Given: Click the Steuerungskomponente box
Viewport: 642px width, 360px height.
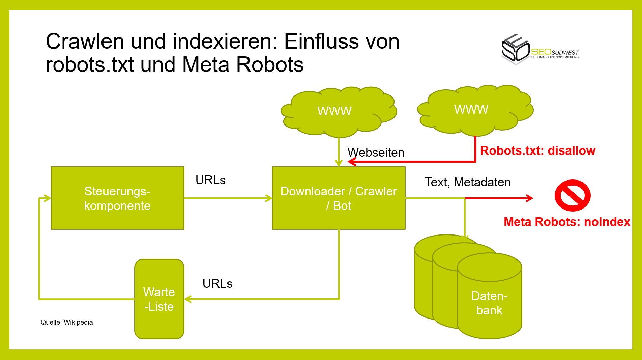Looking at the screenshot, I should click(117, 198).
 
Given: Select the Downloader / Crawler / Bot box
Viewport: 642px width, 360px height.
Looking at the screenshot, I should click(339, 198).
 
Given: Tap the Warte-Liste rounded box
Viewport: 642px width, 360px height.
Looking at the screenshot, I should click(159, 299).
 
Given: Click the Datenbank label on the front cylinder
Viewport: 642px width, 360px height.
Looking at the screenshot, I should click(489, 303).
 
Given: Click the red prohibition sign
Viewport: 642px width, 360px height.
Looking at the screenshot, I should click(572, 195).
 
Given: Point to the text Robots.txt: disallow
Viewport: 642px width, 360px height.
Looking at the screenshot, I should click(537, 150).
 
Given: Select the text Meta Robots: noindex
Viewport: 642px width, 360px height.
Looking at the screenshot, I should click(566, 222).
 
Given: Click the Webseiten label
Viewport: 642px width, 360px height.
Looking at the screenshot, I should click(376, 153).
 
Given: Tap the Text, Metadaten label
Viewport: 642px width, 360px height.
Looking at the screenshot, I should click(467, 182).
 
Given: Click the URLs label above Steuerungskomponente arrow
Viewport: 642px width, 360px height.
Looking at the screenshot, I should click(210, 180).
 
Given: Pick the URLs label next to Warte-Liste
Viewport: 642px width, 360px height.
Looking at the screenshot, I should click(217, 284).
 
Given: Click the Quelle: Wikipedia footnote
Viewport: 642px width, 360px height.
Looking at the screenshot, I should click(67, 322).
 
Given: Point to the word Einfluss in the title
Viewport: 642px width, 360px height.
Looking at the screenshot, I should click(342, 41).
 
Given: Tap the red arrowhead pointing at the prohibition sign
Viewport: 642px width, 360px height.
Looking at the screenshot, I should click(529, 198).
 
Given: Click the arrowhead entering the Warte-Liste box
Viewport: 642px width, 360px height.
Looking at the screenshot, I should click(188, 299).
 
